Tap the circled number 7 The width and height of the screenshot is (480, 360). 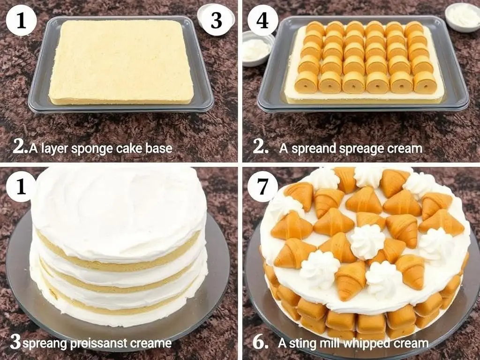click(x=262, y=187)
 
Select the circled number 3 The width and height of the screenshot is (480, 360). click(x=217, y=20)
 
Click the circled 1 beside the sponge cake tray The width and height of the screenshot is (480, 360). click(x=21, y=20)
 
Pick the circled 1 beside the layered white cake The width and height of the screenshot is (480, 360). click(x=21, y=187)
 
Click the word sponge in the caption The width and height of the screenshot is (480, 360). click(x=92, y=149)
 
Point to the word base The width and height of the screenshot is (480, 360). click(x=159, y=148)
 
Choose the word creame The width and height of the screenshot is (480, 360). click(x=150, y=343)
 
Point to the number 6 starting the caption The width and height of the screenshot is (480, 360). click(x=261, y=343)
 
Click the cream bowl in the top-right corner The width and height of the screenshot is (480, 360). click(x=462, y=16)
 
